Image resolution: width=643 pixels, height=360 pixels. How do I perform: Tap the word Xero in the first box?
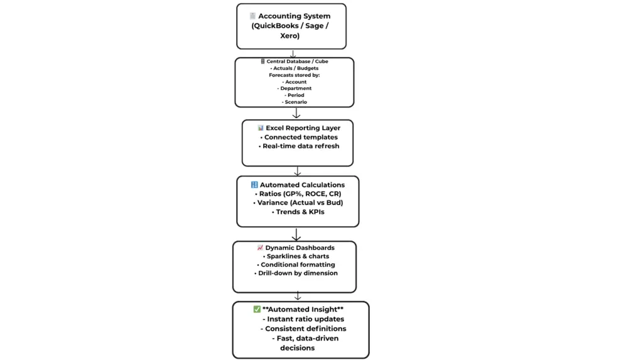[291, 36]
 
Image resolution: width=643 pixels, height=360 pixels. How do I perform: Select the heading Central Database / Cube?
[298, 62]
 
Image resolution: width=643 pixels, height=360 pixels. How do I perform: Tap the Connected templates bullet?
[298, 137]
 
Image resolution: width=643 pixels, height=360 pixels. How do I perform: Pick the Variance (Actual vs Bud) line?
[298, 203]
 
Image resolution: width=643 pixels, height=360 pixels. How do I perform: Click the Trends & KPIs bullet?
[297, 212]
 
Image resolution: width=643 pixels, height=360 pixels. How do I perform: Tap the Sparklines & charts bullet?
[295, 256]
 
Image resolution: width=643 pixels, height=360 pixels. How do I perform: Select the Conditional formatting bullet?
[295, 265]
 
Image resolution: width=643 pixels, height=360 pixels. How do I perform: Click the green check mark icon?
[257, 309]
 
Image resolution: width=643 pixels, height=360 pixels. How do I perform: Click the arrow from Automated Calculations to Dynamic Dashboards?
[296, 234]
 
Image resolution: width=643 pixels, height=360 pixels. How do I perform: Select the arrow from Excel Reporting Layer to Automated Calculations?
[297, 171]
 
